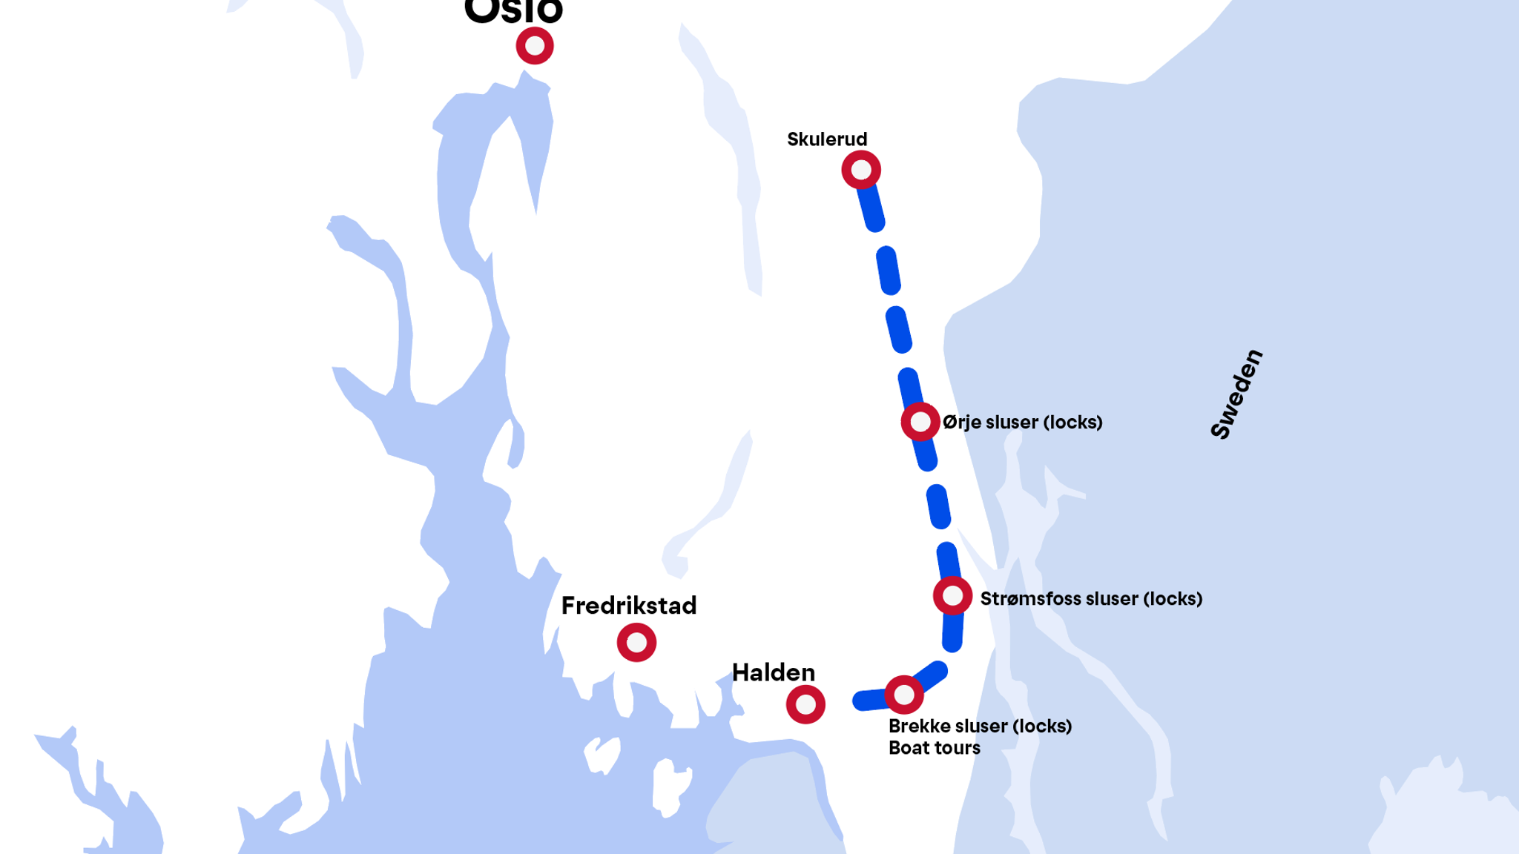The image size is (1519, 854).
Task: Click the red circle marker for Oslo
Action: pyautogui.click(x=535, y=46)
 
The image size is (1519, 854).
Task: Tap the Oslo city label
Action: pyautogui.click(x=513, y=10)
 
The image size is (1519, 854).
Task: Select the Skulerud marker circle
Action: pyautogui.click(x=861, y=170)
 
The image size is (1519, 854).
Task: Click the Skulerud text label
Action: pyautogui.click(x=827, y=139)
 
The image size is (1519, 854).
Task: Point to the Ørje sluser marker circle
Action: pyautogui.click(x=920, y=422)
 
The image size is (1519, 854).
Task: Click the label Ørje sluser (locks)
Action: pyautogui.click(x=1022, y=423)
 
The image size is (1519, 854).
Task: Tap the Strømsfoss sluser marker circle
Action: pyautogui.click(x=953, y=595)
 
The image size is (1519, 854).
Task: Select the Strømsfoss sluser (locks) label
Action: pyautogui.click(x=1091, y=599)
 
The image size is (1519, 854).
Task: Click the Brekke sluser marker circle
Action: pyautogui.click(x=904, y=695)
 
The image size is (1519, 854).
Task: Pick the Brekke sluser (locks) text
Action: pyautogui.click(x=980, y=726)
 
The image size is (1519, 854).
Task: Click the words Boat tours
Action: pyautogui.click(x=935, y=748)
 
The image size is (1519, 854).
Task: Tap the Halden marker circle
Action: pyautogui.click(x=805, y=704)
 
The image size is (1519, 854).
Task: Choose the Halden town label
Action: pyautogui.click(x=774, y=672)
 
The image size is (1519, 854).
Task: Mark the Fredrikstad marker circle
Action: pyautogui.click(x=636, y=642)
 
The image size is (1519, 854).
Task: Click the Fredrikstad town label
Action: pyautogui.click(x=629, y=606)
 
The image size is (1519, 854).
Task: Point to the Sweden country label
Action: pyautogui.click(x=1236, y=394)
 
